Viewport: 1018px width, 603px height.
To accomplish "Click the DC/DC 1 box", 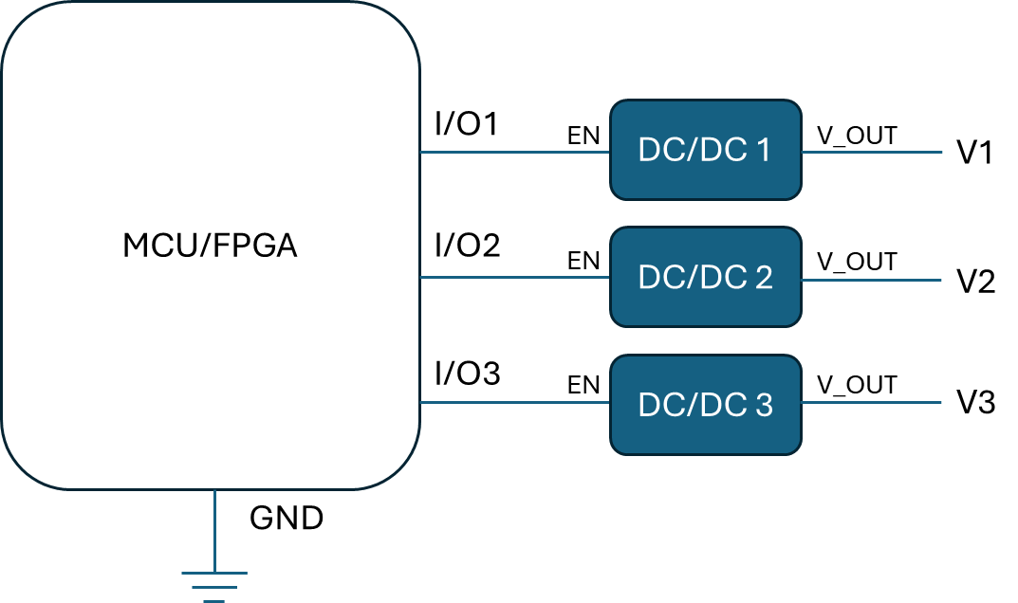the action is [x=706, y=150].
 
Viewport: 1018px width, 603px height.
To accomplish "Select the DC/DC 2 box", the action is [x=706, y=277].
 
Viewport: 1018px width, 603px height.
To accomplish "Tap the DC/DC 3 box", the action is [x=706, y=405].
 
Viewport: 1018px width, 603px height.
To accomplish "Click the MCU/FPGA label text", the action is [x=210, y=246].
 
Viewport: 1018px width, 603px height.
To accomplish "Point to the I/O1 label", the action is [x=466, y=123].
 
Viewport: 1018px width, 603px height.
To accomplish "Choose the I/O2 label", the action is [x=468, y=246].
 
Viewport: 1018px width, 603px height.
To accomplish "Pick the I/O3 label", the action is [x=468, y=374].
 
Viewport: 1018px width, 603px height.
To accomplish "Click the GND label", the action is [x=287, y=518].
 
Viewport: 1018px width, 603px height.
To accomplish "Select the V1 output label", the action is [x=974, y=153].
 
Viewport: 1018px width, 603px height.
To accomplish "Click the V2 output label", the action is [x=976, y=282].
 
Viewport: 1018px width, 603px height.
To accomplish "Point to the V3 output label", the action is [x=976, y=402].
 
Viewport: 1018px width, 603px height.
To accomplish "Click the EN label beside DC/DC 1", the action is [x=583, y=136].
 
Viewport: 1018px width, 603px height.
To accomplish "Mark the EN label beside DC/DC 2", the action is [x=583, y=261].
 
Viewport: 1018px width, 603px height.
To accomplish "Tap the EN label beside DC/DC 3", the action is [x=583, y=385].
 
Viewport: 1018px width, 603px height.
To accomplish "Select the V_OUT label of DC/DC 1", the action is [x=857, y=136].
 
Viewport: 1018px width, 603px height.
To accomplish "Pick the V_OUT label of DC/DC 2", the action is [x=857, y=262].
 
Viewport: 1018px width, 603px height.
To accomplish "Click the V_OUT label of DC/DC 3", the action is [x=857, y=385].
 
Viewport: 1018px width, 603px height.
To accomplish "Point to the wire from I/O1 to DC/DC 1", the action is [x=515, y=152].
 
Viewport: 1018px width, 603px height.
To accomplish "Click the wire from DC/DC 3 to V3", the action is [x=871, y=402].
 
